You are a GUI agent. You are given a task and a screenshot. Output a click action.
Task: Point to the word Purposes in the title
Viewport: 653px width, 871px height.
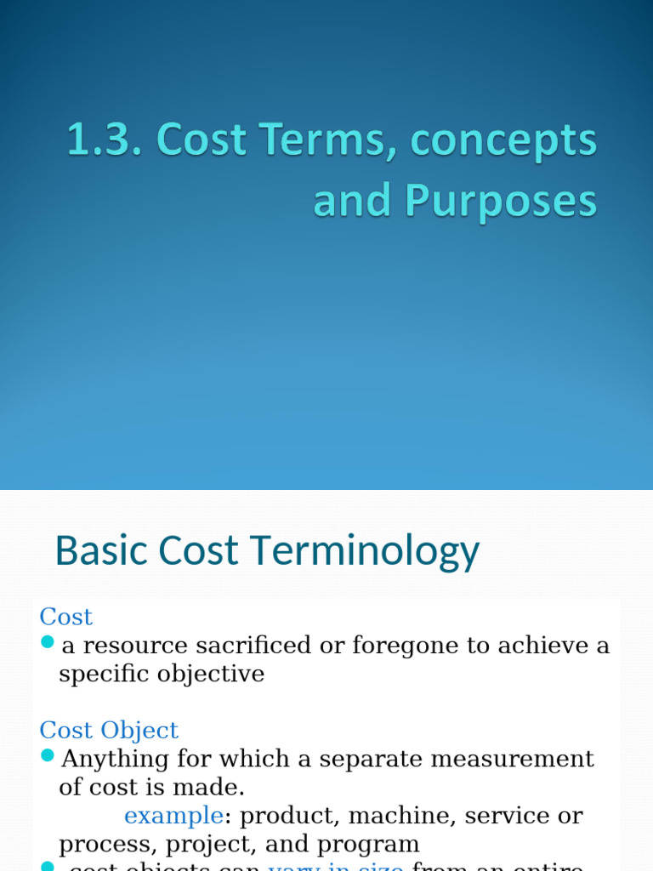pyautogui.click(x=501, y=202)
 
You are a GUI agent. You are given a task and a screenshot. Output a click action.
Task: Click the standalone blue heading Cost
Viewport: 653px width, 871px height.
pyautogui.click(x=65, y=617)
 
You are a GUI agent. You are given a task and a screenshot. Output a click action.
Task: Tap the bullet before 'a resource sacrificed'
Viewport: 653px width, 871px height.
pyautogui.click(x=48, y=642)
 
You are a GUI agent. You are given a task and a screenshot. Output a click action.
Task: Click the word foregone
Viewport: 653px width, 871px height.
pyautogui.click(x=388, y=646)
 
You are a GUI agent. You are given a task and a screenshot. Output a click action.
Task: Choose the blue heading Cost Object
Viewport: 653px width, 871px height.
pyautogui.click(x=109, y=730)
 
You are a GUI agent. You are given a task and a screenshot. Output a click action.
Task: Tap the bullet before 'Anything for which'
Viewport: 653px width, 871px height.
pyautogui.click(x=48, y=755)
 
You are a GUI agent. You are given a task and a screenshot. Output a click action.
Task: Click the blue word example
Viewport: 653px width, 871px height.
pyautogui.click(x=173, y=816)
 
